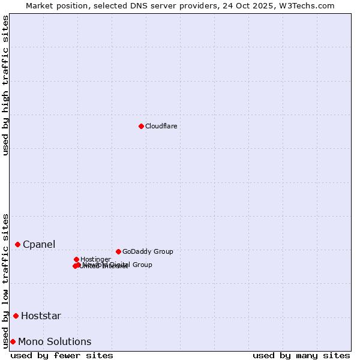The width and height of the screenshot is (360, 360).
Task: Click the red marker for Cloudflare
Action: click(141, 126)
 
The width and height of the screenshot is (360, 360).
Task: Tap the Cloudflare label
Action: click(161, 126)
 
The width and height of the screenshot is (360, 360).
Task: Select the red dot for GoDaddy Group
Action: click(118, 251)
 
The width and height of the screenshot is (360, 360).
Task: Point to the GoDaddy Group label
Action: click(147, 251)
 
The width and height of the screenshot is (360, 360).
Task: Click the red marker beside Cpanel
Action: click(17, 244)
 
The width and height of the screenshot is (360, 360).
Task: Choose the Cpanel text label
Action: click(39, 244)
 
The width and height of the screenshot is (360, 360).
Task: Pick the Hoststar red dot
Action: click(16, 316)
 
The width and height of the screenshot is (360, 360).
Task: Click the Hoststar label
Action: click(41, 316)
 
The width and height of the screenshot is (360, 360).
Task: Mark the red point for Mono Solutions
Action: click(13, 341)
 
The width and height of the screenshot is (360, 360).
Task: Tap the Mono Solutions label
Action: click(55, 341)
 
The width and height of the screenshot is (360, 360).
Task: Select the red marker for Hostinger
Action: click(76, 259)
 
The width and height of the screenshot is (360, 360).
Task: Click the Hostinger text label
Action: click(95, 259)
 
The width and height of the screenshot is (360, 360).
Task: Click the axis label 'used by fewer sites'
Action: click(62, 355)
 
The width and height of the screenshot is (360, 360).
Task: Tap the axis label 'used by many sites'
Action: click(301, 355)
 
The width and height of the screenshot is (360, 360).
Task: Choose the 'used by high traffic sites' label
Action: click(5, 85)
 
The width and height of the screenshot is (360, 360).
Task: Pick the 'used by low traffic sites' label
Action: click(5, 280)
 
